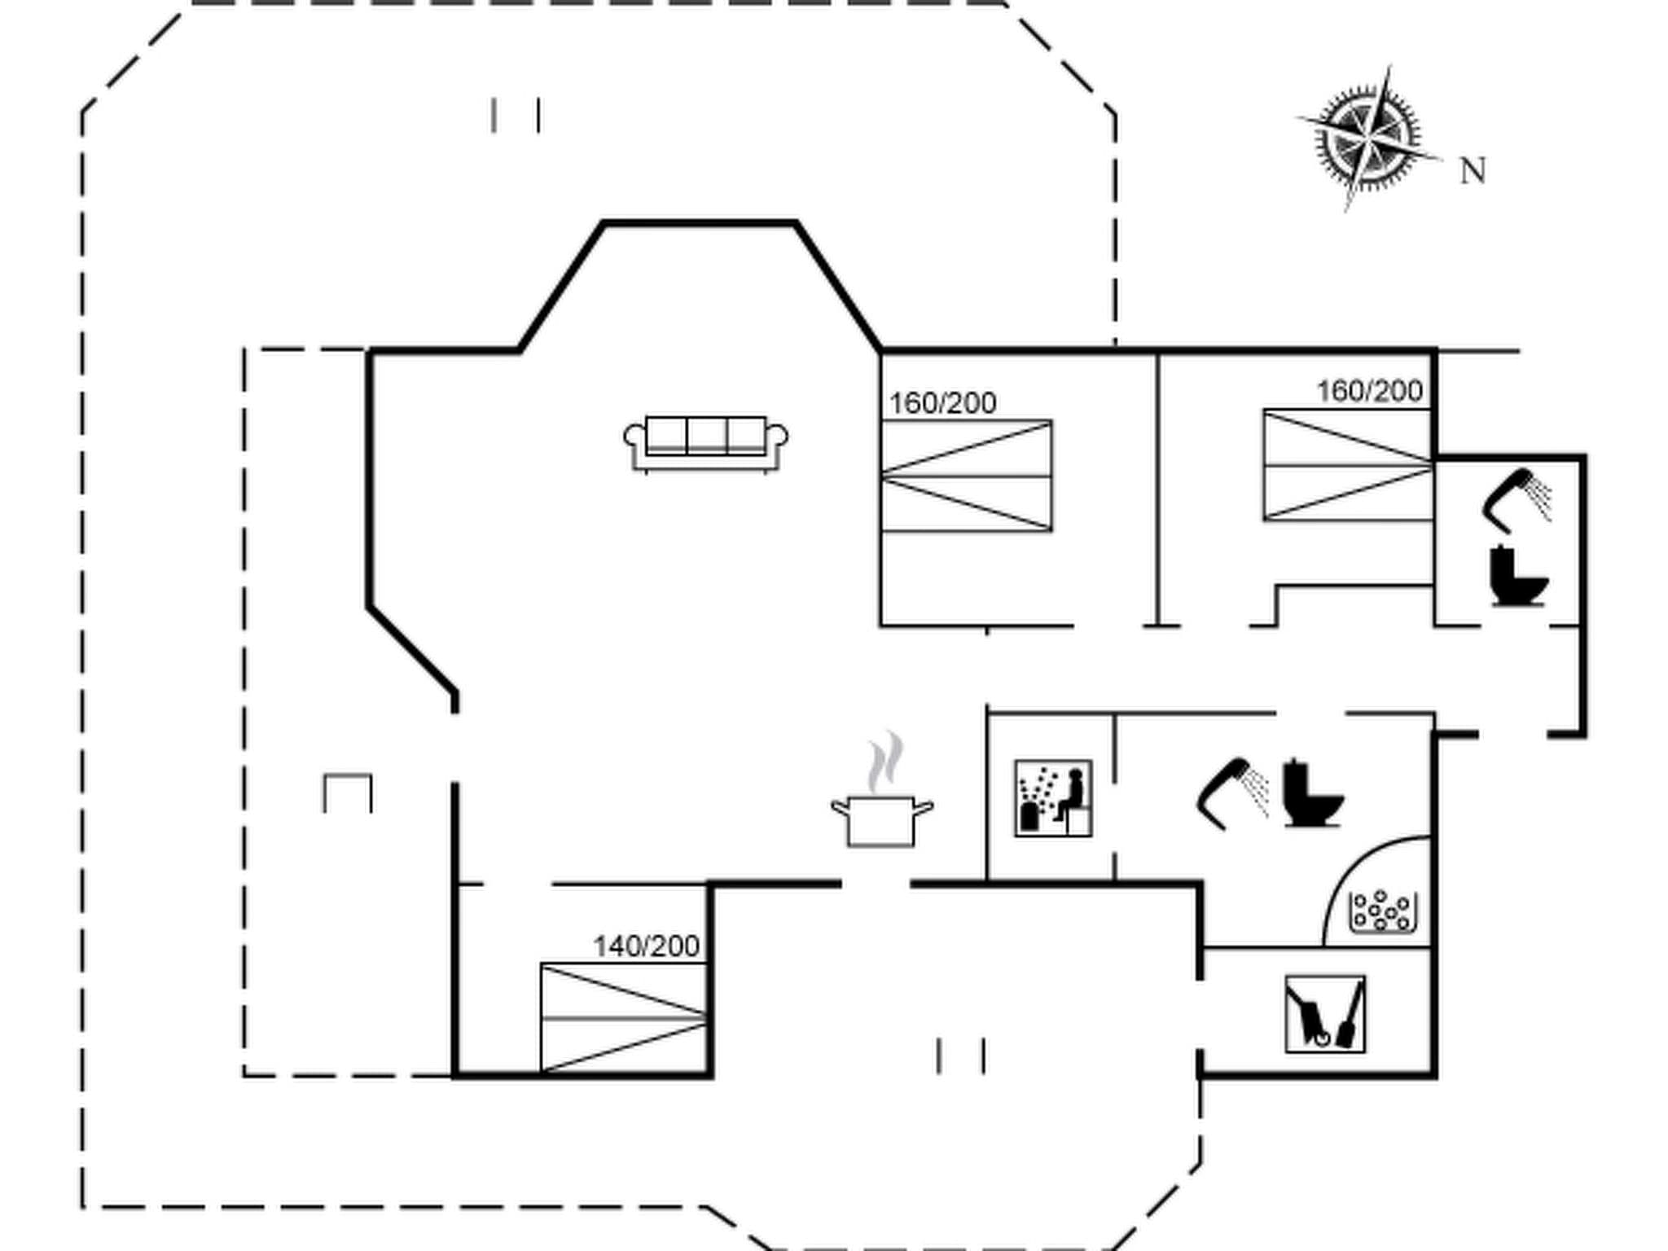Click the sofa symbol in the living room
(705, 444)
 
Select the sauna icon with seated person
(1053, 798)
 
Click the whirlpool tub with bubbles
(1383, 911)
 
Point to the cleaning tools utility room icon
(1325, 1013)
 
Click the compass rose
(1368, 138)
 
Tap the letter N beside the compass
(1473, 172)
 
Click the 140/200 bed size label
(646, 946)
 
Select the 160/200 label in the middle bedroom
(942, 403)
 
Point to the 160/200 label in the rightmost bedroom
(1370, 391)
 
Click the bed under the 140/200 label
(623, 1018)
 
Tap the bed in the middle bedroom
(966, 476)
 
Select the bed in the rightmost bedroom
(1348, 465)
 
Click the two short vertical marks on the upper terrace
(516, 116)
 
